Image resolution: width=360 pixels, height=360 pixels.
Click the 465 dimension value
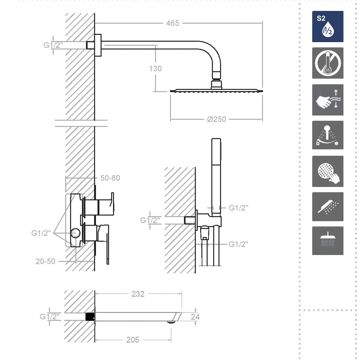pyautogui.click(x=172, y=23)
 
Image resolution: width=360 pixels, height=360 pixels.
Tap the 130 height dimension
pyautogui.click(x=155, y=68)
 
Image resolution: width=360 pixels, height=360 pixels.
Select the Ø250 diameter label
pyautogui.click(x=217, y=119)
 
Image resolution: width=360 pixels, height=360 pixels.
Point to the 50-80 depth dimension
pyautogui.click(x=110, y=178)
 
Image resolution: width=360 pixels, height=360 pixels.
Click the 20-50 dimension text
pyautogui.click(x=46, y=261)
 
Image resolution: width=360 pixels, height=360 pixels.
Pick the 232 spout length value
pyautogui.click(x=138, y=294)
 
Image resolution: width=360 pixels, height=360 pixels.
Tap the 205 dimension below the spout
pyautogui.click(x=133, y=340)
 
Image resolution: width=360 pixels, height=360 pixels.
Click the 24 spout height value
pyautogui.click(x=195, y=317)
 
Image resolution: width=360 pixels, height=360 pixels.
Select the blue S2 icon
pyautogui.click(x=328, y=26)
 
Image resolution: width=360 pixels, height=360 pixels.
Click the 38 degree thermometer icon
pyautogui.click(x=328, y=63)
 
